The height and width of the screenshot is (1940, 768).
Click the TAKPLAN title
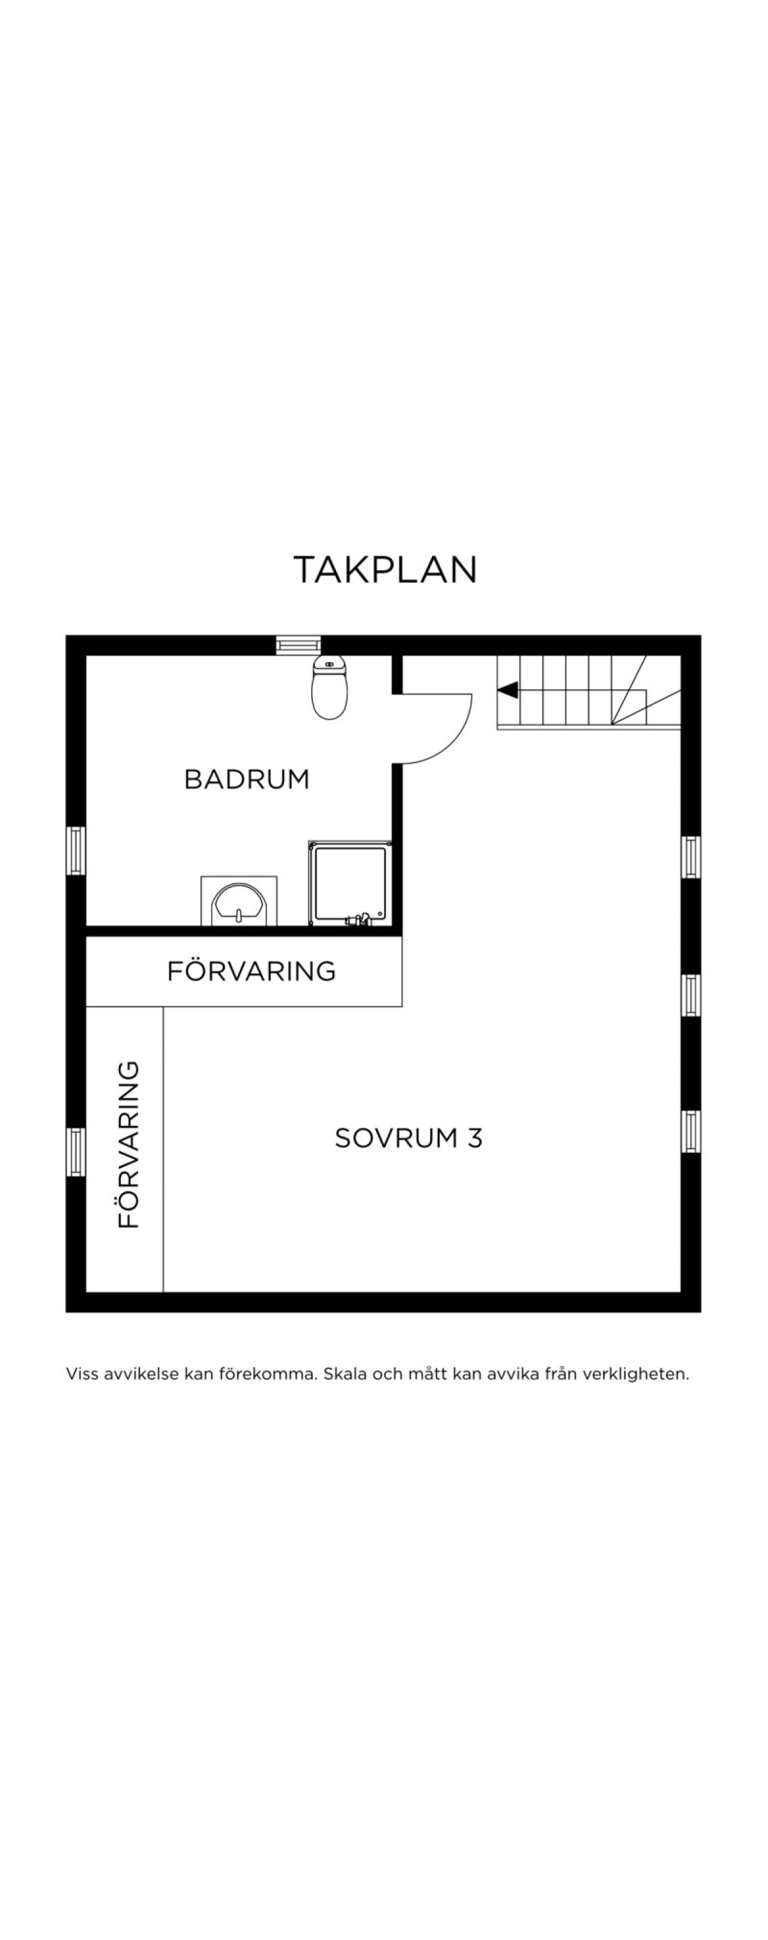tap(385, 569)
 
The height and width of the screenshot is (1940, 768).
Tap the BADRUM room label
tap(247, 779)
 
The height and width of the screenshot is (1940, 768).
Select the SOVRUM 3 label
tap(408, 1138)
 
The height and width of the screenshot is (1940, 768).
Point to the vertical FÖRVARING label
tap(129, 1145)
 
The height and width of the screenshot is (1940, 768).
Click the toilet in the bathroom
tap(329, 686)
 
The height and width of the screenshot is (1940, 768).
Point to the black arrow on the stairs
tap(508, 689)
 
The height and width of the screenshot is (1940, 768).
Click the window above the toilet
tap(298, 645)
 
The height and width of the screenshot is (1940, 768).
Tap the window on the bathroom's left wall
tap(76, 850)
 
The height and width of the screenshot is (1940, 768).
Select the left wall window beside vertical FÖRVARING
tap(76, 1152)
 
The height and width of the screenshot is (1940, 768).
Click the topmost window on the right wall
tap(691, 857)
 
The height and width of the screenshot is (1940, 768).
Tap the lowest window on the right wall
tap(691, 1131)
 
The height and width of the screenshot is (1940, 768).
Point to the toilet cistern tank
tap(329, 663)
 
